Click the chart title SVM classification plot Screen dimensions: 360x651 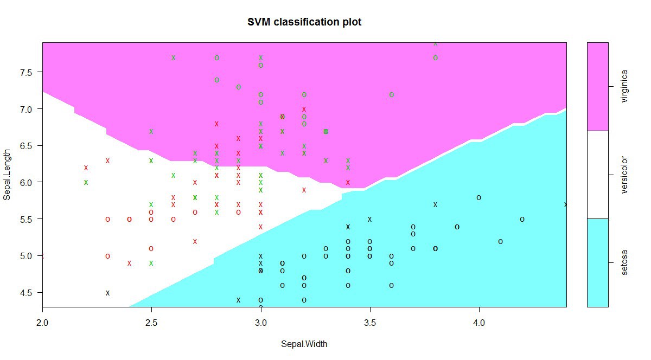[304, 22]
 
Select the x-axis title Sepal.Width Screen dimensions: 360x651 [304, 344]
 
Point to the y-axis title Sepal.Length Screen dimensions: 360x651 [7, 175]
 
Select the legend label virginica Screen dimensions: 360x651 [624, 86]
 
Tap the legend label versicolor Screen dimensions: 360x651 [624, 175]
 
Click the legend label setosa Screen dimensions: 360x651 [624, 263]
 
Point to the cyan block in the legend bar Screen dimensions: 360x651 [597, 263]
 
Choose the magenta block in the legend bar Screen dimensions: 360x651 [597, 86]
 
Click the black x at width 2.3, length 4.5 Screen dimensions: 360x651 [107, 293]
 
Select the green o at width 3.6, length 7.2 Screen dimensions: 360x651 [391, 94]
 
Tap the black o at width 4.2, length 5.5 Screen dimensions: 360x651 [522, 219]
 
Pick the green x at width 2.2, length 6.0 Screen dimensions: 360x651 [86, 182]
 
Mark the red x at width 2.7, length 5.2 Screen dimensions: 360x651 [195, 241]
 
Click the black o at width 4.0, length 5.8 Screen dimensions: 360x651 [478, 197]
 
